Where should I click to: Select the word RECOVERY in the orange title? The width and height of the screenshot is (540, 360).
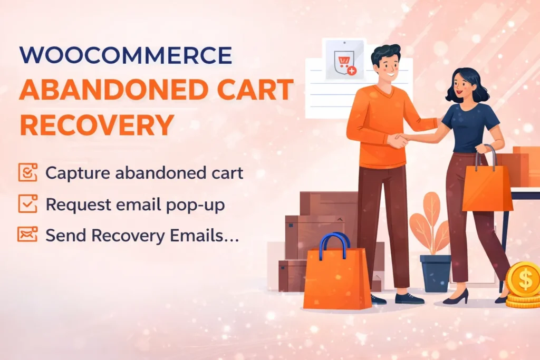[x=97, y=124]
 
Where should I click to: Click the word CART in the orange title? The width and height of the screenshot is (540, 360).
[x=254, y=90]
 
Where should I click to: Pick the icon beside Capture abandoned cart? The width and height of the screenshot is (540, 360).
[x=27, y=172]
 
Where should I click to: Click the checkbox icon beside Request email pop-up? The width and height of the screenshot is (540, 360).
[x=27, y=204]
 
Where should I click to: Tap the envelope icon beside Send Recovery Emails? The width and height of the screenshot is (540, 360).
[x=27, y=235]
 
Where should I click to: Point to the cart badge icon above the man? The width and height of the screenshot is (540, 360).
[x=344, y=62]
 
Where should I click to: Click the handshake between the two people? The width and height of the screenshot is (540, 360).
[x=399, y=140]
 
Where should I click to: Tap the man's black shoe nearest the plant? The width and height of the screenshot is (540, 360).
[x=410, y=299]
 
